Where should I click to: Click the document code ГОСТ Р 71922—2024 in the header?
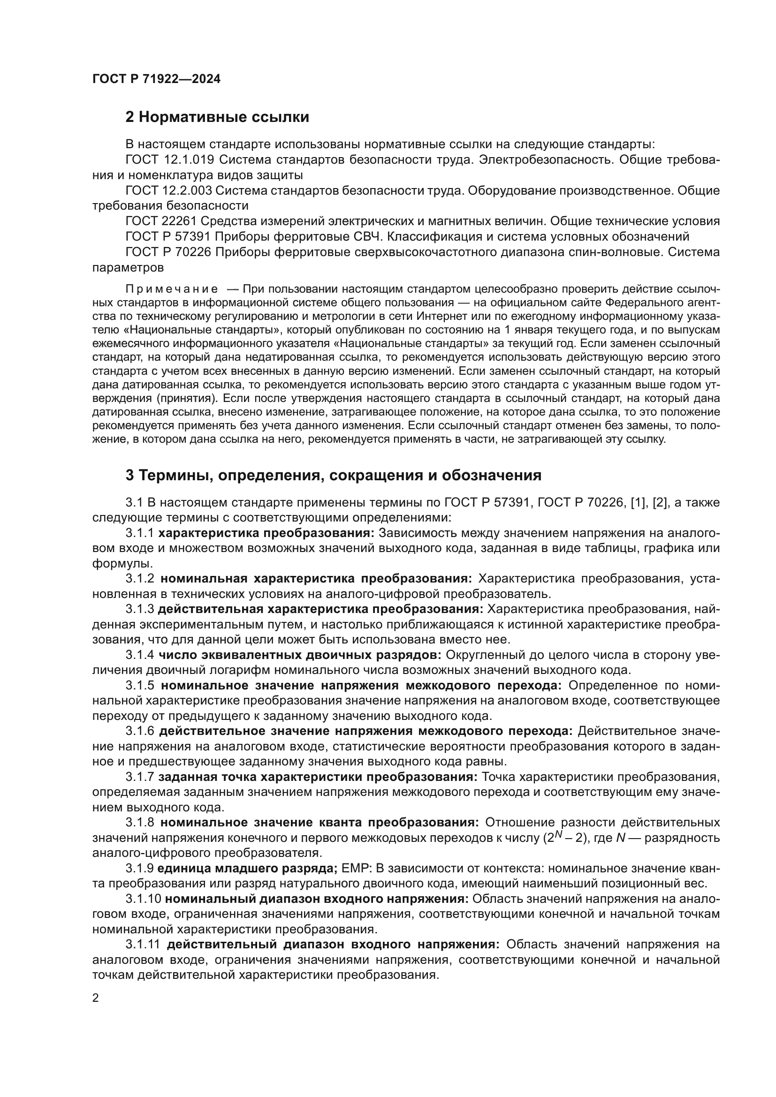coord(156,79)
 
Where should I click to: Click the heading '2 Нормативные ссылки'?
coord(217,117)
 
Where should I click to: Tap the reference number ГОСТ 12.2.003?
coord(169,190)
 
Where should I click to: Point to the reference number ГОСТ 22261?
coord(160,221)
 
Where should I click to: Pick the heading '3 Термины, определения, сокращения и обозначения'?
coord(333,476)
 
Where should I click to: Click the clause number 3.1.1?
coord(139,533)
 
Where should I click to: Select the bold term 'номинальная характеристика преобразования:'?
coord(316,579)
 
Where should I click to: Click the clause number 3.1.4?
coord(140,655)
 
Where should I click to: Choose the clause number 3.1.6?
coord(140,731)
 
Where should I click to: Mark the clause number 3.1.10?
coord(144,899)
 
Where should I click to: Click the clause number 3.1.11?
coord(144,944)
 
